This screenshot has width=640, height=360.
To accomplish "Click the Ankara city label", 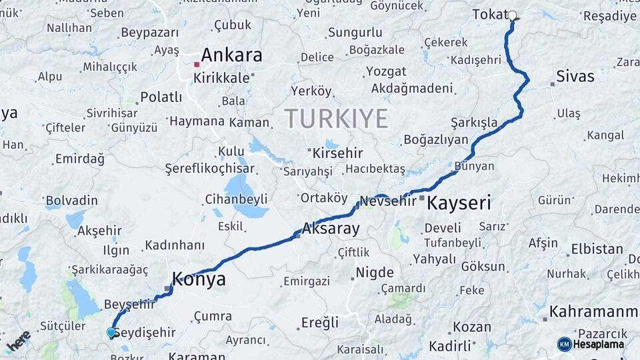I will pos(231,55).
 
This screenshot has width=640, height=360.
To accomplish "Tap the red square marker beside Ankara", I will pos(197,65).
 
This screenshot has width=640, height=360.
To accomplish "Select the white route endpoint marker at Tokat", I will pos(512,15).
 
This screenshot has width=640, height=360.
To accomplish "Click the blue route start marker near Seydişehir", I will pos(111,332).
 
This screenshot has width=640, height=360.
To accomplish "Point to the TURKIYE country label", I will pos(336,119).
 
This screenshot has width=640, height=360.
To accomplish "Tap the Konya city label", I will pos(199,279).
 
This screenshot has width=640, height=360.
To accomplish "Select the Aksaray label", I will pos(331,229).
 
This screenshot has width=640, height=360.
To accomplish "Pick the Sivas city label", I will pos(575,75).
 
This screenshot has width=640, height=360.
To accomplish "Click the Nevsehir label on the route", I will pos(388,201).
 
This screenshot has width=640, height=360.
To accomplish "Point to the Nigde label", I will pos(375,272).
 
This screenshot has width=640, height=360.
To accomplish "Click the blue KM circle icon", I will pos(565,344).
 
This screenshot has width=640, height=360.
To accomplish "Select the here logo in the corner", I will pos(19,340).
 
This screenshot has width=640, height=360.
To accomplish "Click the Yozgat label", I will pos(385,71).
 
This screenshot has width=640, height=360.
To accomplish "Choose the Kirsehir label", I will pos(339,153).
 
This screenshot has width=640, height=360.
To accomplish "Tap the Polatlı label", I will pos(161,97).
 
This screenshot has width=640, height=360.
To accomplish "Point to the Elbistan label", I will pos(597,249).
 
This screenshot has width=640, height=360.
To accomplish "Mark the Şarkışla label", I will pos(474,123).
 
